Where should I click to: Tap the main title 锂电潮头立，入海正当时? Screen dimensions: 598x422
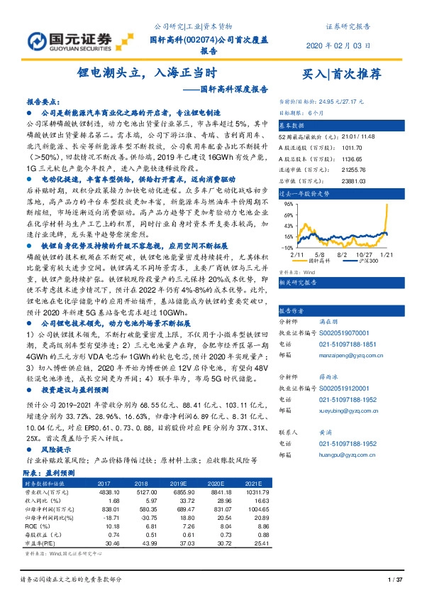tap(146, 72)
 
